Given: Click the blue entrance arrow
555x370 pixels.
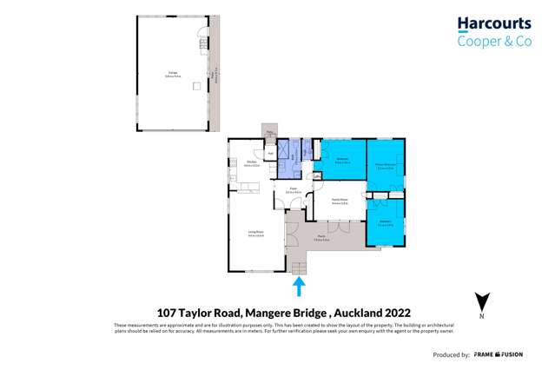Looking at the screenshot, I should pyautogui.click(x=299, y=286).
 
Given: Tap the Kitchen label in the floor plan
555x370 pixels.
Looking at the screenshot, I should pyautogui.click(x=250, y=162).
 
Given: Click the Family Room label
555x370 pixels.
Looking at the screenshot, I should pyautogui.click(x=340, y=201).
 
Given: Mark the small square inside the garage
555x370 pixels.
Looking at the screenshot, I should pyautogui.click(x=196, y=85).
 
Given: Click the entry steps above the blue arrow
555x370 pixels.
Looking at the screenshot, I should pyautogui.click(x=299, y=268).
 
